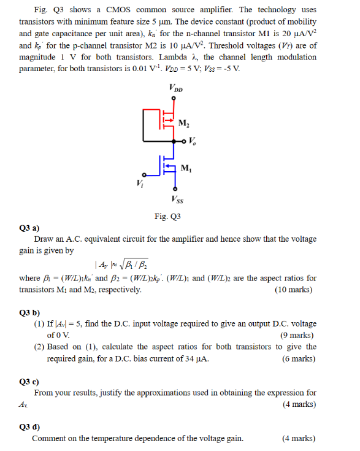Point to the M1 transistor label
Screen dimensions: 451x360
[x=186, y=169]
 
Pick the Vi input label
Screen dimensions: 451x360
[x=142, y=182]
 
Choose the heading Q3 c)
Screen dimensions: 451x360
[x=30, y=380]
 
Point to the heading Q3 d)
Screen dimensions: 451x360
[x=30, y=426]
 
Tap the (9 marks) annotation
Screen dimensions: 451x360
[x=297, y=335]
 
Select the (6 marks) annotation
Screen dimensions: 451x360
[x=297, y=358]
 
